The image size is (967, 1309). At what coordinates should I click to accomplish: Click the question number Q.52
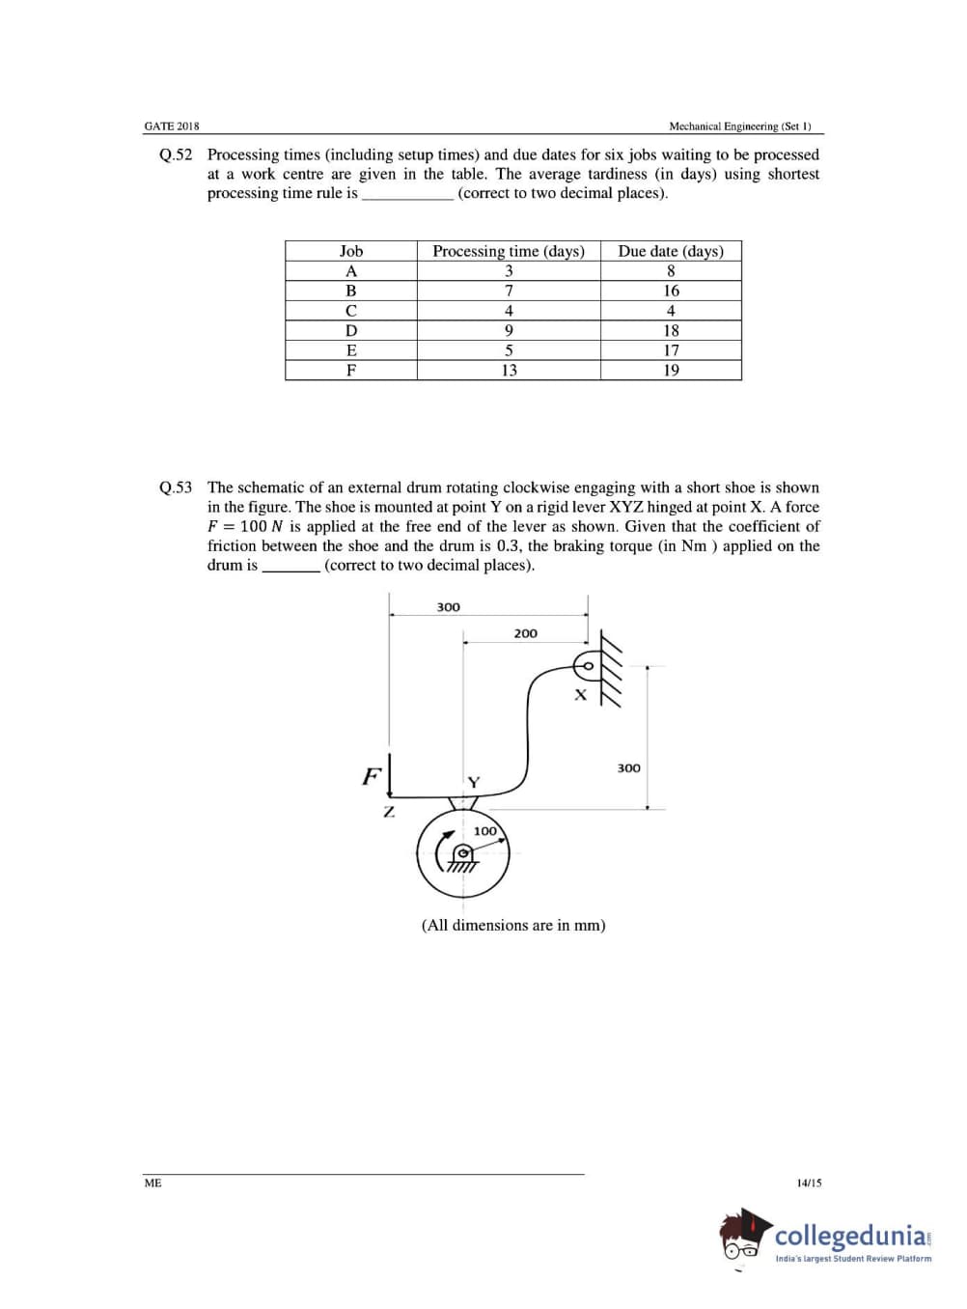pyautogui.click(x=176, y=154)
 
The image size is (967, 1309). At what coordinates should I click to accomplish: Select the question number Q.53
pyautogui.click(x=176, y=487)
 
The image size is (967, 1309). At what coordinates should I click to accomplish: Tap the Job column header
pyautogui.click(x=351, y=251)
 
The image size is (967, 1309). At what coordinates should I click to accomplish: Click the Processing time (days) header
pyautogui.click(x=509, y=251)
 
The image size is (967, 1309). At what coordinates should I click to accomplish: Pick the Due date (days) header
pyautogui.click(x=671, y=251)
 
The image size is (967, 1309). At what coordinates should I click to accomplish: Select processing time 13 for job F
pyautogui.click(x=509, y=370)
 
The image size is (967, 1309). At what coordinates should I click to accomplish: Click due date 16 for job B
pyautogui.click(x=671, y=291)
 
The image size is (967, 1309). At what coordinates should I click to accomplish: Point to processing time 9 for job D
pyautogui.click(x=509, y=330)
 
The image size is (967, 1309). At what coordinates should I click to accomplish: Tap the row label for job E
pyautogui.click(x=351, y=350)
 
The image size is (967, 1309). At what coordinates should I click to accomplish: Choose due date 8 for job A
pyautogui.click(x=671, y=271)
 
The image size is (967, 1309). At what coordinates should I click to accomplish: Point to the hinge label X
pyautogui.click(x=580, y=694)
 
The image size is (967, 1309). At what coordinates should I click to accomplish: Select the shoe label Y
pyautogui.click(x=473, y=782)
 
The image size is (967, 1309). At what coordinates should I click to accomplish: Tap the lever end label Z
pyautogui.click(x=389, y=812)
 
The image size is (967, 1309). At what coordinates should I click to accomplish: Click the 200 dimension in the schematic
pyautogui.click(x=525, y=633)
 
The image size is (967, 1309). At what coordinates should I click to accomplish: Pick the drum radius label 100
pyautogui.click(x=484, y=830)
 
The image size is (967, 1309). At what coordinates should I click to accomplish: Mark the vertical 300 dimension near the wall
pyautogui.click(x=628, y=768)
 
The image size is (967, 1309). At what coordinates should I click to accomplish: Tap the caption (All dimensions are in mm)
pyautogui.click(x=513, y=925)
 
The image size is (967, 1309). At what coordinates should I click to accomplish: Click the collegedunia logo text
pyautogui.click(x=851, y=1236)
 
